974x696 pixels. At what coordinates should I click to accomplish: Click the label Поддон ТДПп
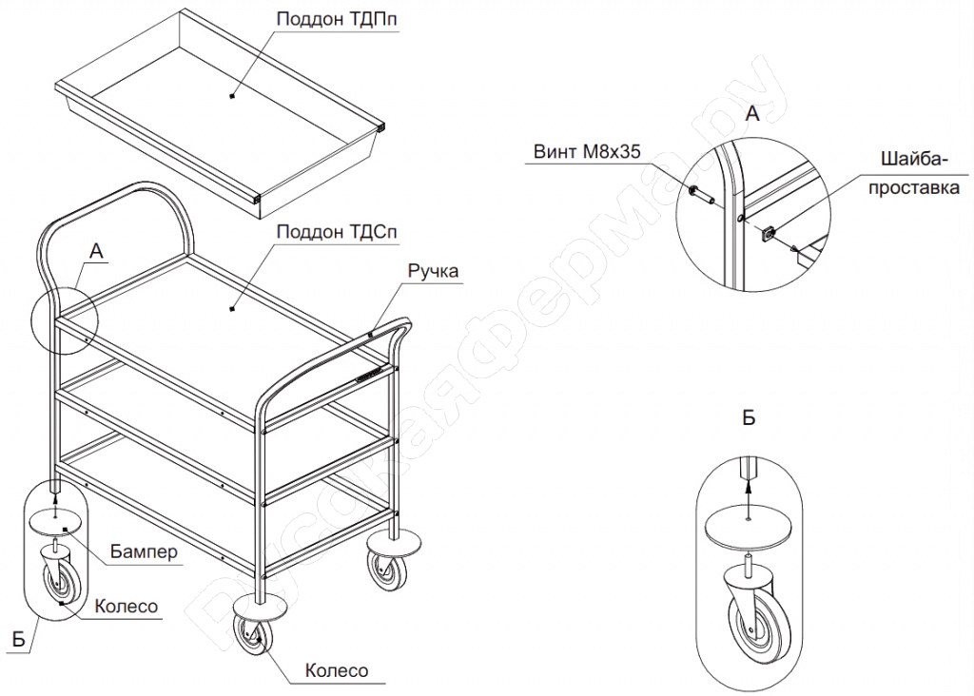tap(337, 19)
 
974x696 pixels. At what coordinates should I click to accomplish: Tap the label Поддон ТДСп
tap(337, 232)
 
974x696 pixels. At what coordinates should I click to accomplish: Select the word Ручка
tap(433, 271)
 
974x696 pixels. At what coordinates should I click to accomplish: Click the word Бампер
tap(145, 551)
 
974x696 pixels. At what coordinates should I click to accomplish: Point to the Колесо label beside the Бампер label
tap(127, 606)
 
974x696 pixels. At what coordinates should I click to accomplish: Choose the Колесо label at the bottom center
tap(337, 670)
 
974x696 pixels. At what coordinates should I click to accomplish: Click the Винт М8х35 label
tap(587, 151)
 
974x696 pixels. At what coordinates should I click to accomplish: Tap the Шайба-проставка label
tap(914, 173)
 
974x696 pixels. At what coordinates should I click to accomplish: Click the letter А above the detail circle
tap(752, 113)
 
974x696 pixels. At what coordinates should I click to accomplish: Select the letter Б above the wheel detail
tap(750, 417)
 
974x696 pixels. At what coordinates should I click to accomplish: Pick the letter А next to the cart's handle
tap(96, 251)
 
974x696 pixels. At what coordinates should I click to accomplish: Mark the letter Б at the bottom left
tap(19, 640)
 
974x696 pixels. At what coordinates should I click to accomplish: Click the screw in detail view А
tap(700, 193)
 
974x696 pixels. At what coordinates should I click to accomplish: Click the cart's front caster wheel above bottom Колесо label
tap(253, 634)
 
